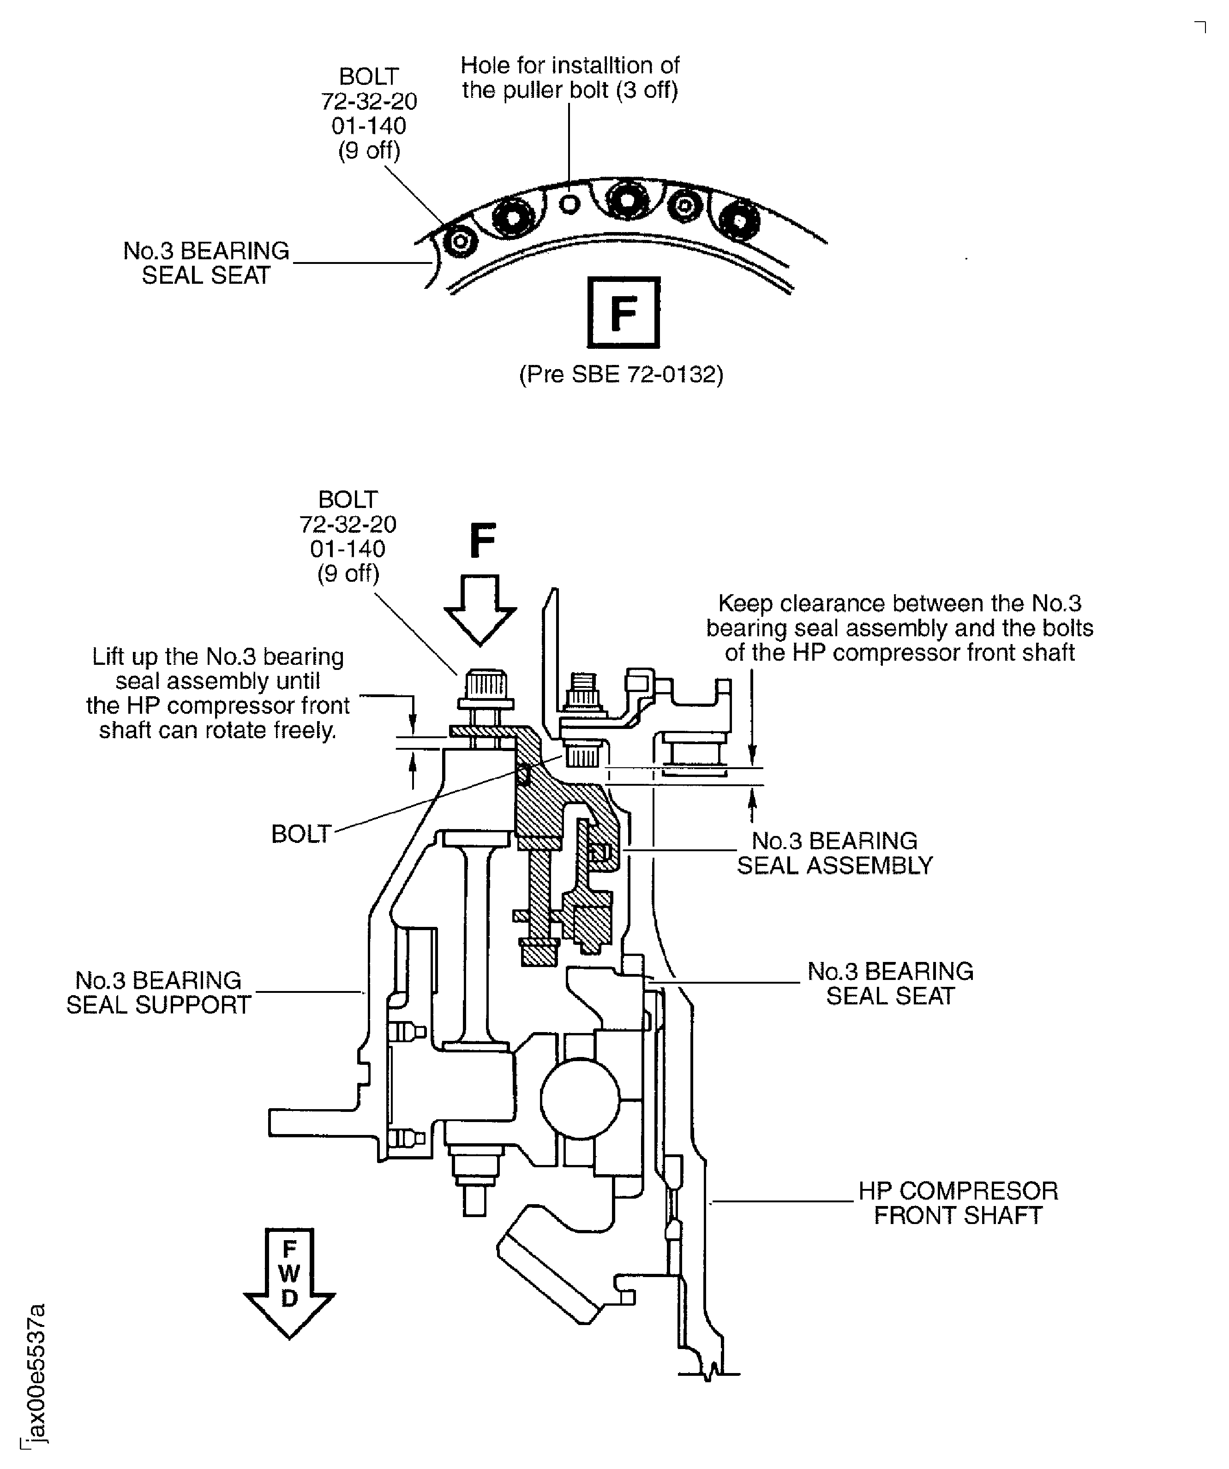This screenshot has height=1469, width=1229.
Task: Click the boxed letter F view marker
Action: (623, 313)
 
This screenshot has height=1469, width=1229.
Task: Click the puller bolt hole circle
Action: (570, 204)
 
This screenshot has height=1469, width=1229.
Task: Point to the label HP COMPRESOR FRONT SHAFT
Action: (958, 1203)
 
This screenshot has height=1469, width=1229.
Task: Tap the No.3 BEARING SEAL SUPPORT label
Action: (158, 992)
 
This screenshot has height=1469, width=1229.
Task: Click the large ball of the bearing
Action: (580, 1098)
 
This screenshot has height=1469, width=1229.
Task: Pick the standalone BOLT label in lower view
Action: (301, 834)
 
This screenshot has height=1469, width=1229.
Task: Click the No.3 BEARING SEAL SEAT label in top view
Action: (206, 263)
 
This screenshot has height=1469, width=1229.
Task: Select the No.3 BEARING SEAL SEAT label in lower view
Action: (890, 984)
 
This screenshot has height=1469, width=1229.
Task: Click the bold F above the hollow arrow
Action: (482, 541)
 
